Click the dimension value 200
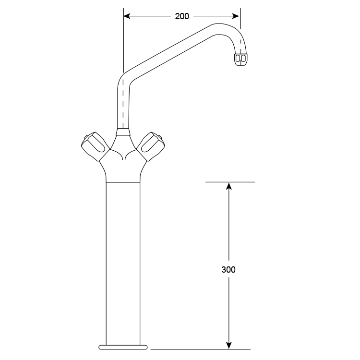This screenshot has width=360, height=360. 182,16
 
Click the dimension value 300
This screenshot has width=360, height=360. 228,269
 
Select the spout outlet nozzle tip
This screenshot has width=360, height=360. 241,59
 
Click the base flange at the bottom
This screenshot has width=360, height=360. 122,346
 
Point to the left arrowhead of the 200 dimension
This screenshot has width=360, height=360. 127,16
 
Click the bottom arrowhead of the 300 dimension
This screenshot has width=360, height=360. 229,345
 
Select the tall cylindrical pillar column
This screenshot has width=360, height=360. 122,259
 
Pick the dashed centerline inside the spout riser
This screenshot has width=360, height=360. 123,103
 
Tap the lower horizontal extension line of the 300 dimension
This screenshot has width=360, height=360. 202,349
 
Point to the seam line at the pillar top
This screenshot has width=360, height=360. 122,182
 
